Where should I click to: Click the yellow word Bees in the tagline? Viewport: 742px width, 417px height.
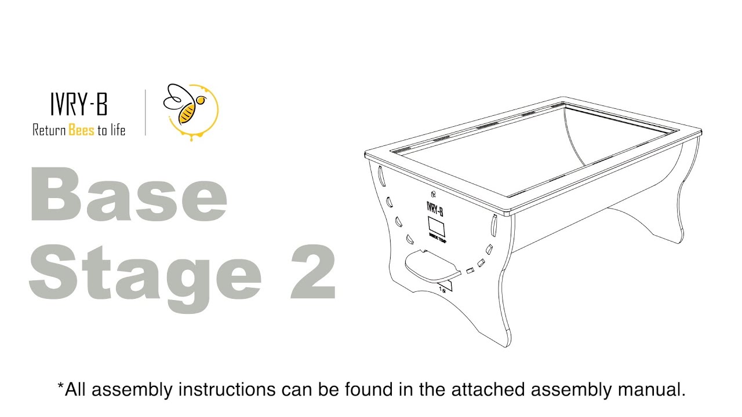click(x=81, y=130)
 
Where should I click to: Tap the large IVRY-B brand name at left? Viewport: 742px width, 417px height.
click(x=79, y=106)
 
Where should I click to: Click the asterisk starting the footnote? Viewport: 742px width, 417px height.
click(x=60, y=386)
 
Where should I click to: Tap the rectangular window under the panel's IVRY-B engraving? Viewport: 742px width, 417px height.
click(x=435, y=225)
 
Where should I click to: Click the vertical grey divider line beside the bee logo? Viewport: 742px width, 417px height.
click(x=146, y=112)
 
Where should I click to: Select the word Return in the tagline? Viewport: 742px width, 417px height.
click(x=49, y=130)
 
